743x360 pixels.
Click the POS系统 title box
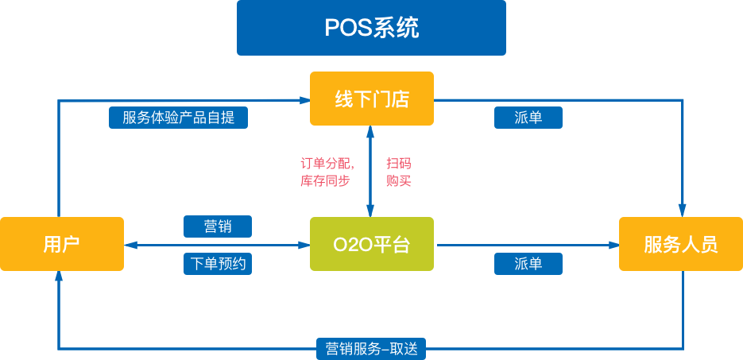point(371,28)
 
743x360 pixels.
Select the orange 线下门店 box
point(371,99)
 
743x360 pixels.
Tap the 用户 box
point(62,244)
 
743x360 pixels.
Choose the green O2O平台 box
point(371,244)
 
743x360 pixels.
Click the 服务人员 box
point(681,244)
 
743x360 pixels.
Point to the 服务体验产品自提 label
point(178,118)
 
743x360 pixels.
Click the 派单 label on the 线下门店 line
point(528,118)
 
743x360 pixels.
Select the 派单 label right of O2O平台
point(528,264)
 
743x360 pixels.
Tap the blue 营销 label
point(217,226)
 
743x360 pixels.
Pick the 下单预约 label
point(217,264)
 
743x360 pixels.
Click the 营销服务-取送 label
point(371,348)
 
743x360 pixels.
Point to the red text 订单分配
point(327,164)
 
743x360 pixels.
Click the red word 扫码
point(398,164)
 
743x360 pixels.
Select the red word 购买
point(398,180)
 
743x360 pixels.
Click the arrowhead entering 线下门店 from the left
point(304,100)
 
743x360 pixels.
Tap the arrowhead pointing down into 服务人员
point(682,211)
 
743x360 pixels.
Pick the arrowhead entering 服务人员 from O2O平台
point(613,246)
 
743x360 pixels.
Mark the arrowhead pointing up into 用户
point(58,277)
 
